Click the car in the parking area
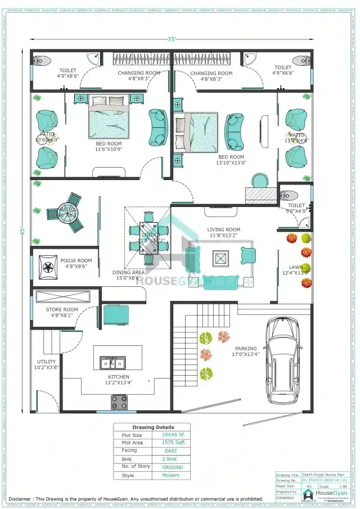point(283,359)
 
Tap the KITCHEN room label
point(119,377)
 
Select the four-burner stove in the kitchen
point(119,402)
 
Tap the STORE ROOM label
point(62,309)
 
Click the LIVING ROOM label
point(223,229)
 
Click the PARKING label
point(246,349)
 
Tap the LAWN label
point(296,267)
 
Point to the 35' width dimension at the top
point(172,39)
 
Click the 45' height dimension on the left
point(23,230)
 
